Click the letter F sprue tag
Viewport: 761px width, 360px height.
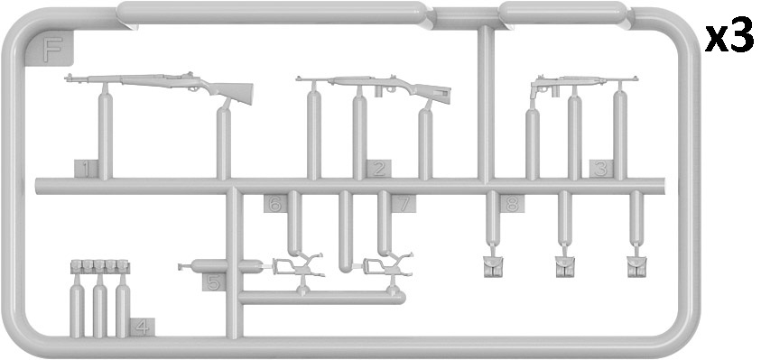pos(51,49)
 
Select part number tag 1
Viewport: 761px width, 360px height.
pos(86,169)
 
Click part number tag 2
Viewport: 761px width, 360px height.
pos(379,169)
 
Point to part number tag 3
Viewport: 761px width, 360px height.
pos(601,169)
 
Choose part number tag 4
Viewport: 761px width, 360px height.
pos(143,328)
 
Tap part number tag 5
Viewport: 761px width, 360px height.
pos(214,282)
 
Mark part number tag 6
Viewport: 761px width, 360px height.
pos(275,204)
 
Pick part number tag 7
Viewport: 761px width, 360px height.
pos(404,204)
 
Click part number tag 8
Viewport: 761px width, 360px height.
pos(512,204)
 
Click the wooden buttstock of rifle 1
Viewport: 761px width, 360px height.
pos(232,92)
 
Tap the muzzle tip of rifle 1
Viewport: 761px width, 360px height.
pos(67,78)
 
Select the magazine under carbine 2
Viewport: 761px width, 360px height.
pos(379,92)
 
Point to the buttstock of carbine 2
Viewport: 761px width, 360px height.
pos(433,92)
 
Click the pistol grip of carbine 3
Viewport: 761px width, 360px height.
pos(534,92)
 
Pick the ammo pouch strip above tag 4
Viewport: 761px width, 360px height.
pos(100,266)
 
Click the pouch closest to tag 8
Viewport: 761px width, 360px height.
pos(493,267)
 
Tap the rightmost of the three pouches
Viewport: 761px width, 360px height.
pos(636,267)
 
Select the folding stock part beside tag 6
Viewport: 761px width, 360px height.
pos(297,266)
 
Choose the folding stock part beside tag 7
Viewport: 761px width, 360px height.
pos(387,266)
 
